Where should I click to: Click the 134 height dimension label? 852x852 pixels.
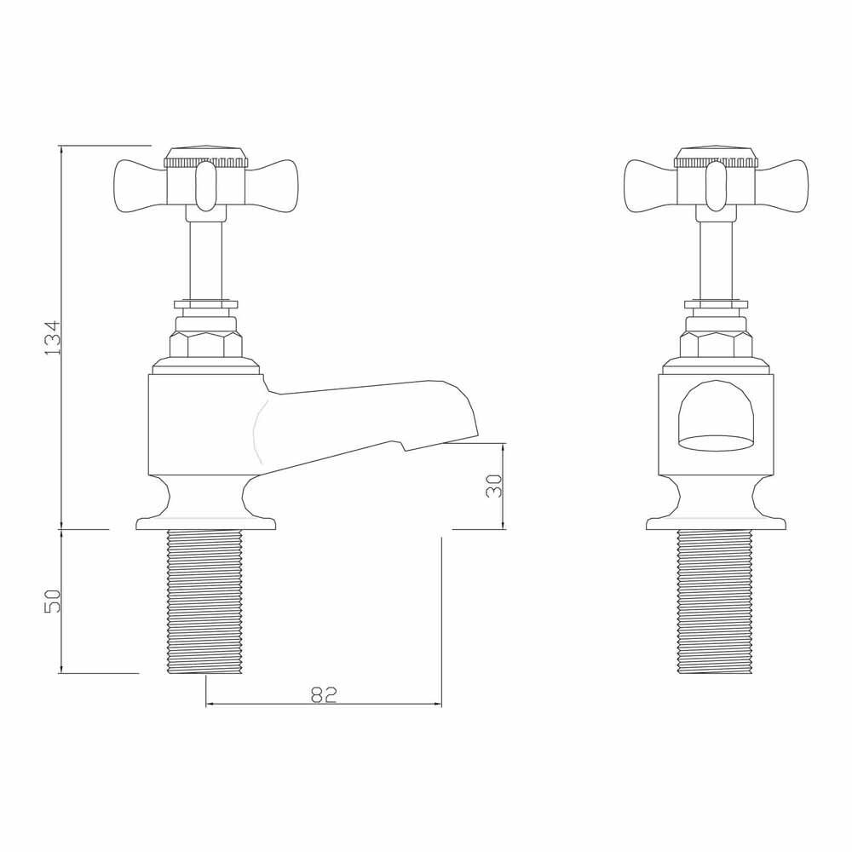click(53, 337)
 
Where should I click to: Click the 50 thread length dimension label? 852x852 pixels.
click(53, 601)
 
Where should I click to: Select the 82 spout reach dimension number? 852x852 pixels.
click(324, 694)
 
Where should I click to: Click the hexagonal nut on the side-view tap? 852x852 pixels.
click(205, 344)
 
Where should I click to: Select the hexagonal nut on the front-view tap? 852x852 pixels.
click(716, 344)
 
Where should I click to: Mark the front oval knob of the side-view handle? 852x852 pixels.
click(205, 187)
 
